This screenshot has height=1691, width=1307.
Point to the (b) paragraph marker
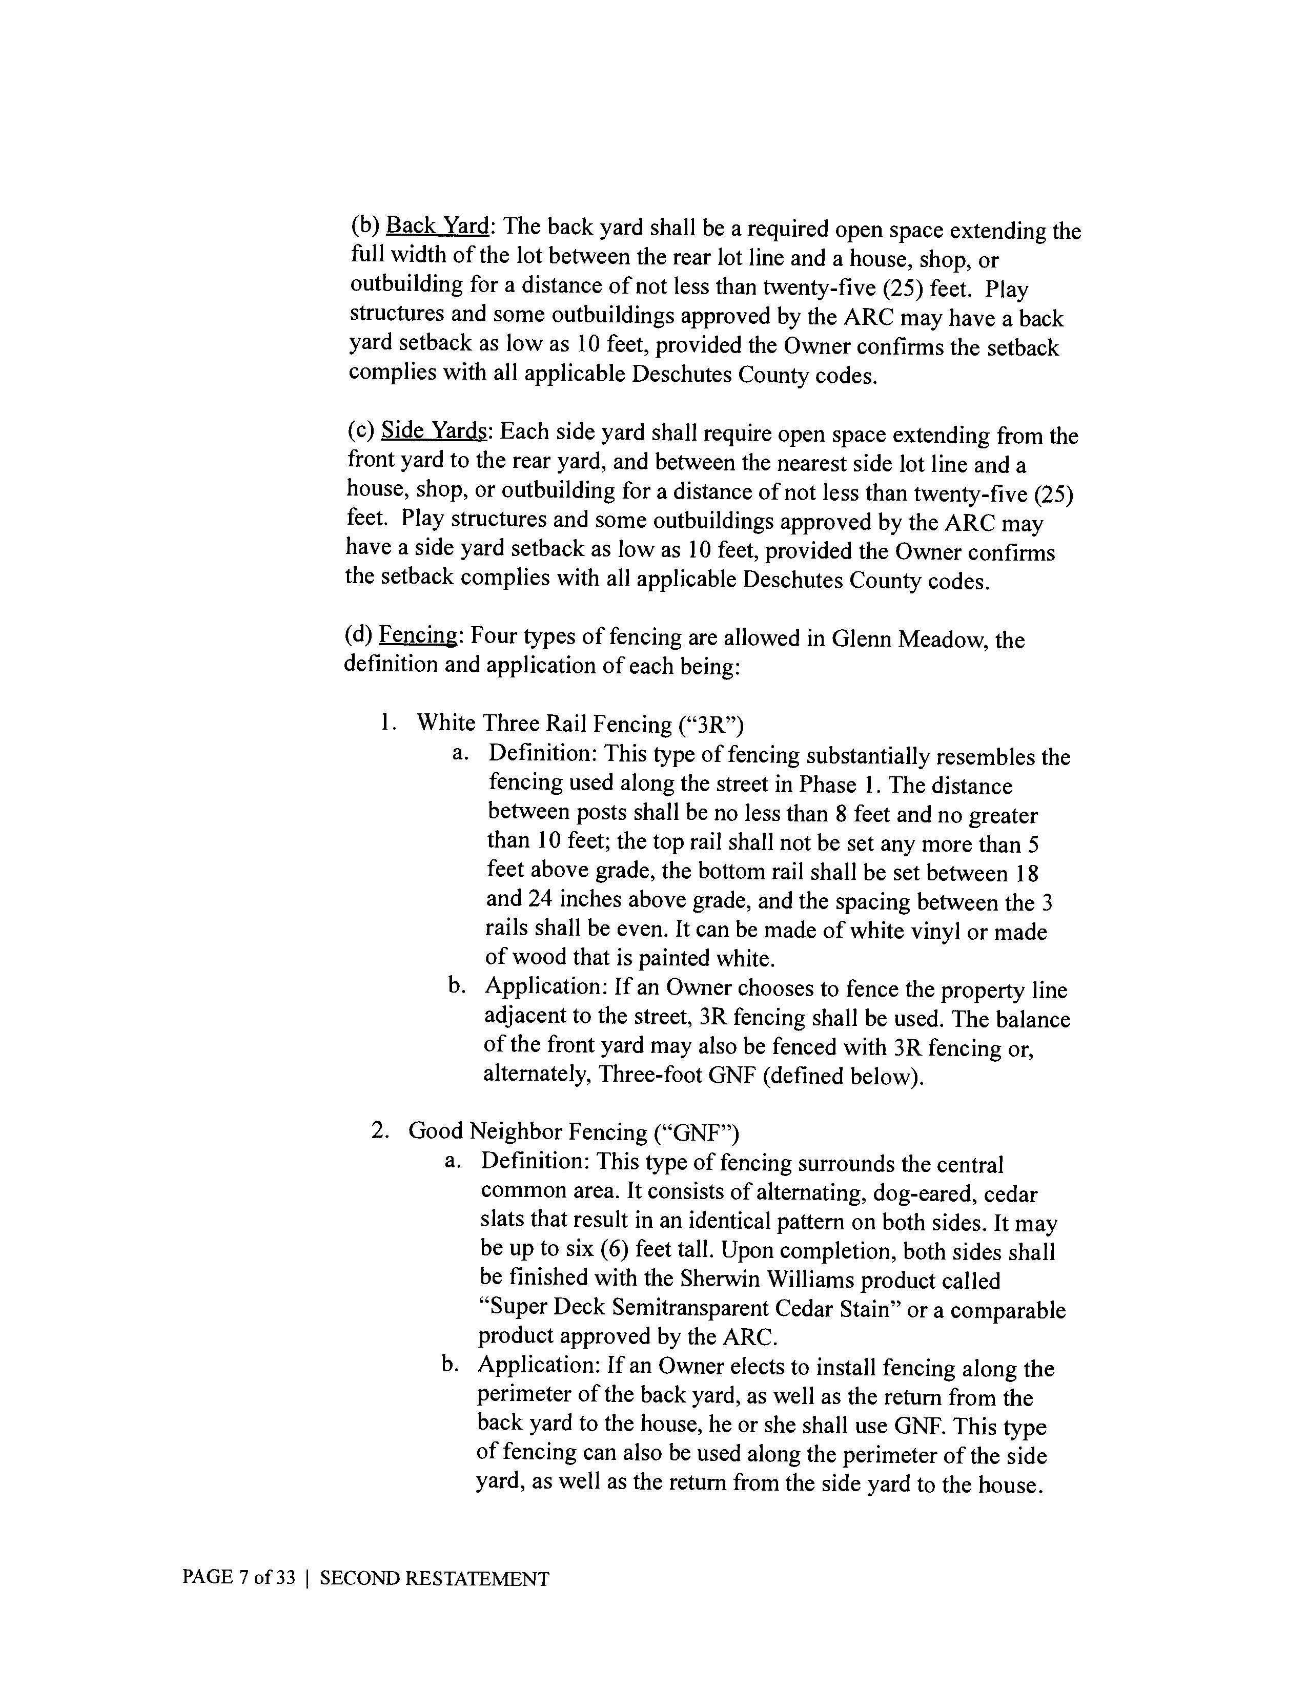365,225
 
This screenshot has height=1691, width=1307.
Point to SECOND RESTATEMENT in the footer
434,1579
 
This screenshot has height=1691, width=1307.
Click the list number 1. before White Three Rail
389,723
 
